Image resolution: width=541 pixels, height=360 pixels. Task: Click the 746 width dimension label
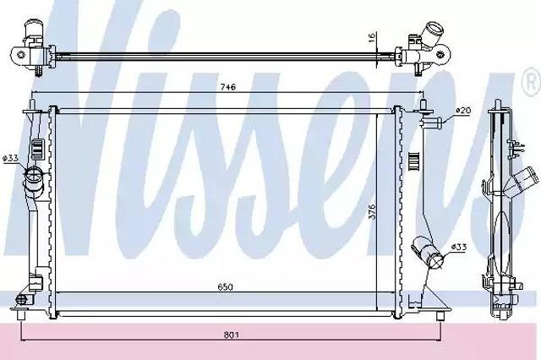pos(228,87)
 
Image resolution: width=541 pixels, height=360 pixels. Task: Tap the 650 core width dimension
pos(226,286)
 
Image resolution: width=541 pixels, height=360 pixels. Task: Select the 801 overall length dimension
pos(231,335)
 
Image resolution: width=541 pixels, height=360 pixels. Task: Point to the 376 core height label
pos(371,211)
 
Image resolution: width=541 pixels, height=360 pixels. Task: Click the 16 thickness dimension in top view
pos(372,37)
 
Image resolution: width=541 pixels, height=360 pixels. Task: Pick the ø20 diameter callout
pos(463,111)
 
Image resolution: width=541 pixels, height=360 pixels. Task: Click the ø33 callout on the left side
pos(10,158)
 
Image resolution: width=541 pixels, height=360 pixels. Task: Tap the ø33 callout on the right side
pos(459,247)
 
